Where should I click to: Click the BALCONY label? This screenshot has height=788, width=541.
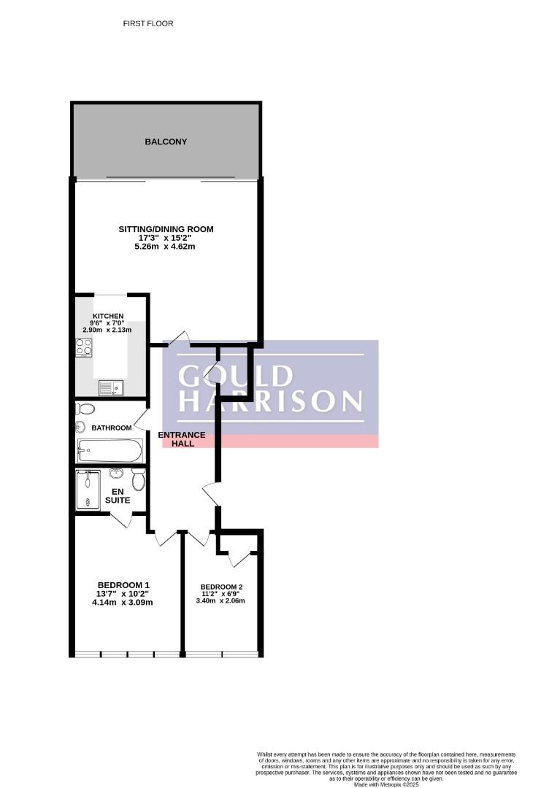[x=166, y=142]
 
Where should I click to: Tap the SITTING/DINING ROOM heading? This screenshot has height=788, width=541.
[x=166, y=229]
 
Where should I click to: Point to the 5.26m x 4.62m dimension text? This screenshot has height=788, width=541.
[x=165, y=247]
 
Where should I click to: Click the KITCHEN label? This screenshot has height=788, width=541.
[x=108, y=316]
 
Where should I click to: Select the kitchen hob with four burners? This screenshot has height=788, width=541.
[x=84, y=347]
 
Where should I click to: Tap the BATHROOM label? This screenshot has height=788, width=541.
[x=112, y=428]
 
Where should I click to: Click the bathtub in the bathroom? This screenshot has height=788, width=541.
[x=110, y=450]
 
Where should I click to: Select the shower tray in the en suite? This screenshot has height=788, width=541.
[x=88, y=490]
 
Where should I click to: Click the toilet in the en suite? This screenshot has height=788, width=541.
[x=139, y=481]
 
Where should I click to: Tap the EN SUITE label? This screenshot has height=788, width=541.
[x=118, y=496]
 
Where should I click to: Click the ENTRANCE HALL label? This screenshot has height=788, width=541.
[x=182, y=439]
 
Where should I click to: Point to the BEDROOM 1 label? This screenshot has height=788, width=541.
[x=123, y=585]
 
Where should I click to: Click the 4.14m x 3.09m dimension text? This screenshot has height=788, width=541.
[x=123, y=602]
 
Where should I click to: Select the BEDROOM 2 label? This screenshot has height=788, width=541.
[x=222, y=587]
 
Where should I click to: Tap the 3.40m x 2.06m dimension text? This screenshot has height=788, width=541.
[x=220, y=600]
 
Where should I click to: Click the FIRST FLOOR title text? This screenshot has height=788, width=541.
[x=148, y=23]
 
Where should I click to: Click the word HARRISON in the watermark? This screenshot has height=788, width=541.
[x=270, y=401]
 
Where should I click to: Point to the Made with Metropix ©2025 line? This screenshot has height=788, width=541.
[x=386, y=784]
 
